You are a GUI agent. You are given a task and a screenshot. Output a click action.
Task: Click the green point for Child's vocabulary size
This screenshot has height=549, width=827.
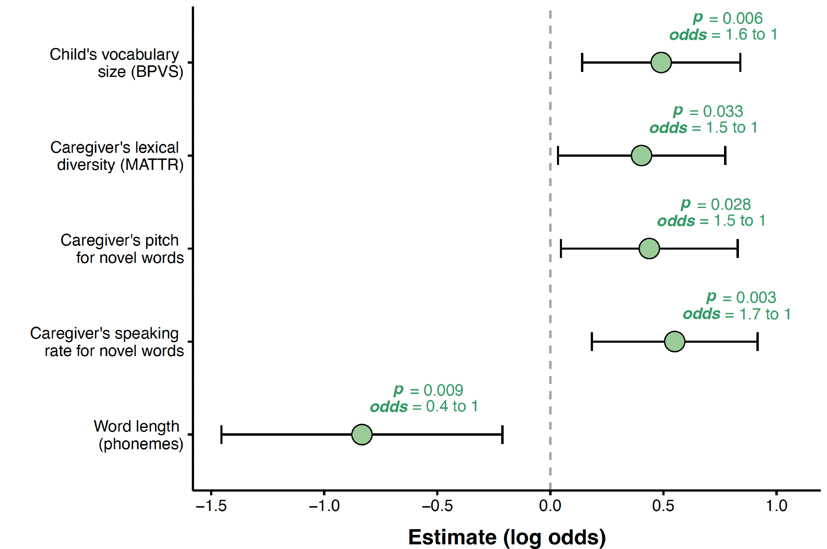(661, 62)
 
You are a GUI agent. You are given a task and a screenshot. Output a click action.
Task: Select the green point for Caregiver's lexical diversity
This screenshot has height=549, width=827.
(641, 155)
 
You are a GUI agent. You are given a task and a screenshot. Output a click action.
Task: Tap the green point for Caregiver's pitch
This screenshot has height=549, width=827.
(649, 248)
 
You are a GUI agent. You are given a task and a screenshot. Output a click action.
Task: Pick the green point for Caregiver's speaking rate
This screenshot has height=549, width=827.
(674, 341)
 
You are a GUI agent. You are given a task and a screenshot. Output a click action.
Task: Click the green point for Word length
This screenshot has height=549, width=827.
(362, 434)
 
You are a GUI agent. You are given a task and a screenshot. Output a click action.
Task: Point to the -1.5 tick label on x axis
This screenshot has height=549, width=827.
(211, 506)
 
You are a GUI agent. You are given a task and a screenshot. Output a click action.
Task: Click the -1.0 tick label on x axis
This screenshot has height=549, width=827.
(324, 506)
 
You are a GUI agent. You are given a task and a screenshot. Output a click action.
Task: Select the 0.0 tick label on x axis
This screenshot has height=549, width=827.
(550, 506)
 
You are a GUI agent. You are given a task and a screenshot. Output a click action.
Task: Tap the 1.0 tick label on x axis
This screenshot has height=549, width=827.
(776, 506)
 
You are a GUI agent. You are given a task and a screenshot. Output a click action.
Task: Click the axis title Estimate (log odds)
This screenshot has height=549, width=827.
(507, 537)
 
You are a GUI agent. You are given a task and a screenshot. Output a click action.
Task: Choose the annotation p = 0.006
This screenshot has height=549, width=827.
(728, 18)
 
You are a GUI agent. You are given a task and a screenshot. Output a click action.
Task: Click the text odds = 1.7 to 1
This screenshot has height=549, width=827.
(736, 314)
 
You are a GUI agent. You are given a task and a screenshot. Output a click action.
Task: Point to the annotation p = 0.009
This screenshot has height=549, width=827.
(428, 390)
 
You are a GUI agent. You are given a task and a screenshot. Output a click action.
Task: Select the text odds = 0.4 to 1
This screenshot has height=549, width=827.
(424, 406)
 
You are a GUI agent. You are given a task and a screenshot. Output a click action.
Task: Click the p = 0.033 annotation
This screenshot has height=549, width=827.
(708, 111)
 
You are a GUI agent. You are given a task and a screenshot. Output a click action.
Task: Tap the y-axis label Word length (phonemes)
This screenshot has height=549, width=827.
(139, 435)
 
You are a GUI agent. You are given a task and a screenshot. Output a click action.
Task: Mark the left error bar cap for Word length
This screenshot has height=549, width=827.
(222, 434)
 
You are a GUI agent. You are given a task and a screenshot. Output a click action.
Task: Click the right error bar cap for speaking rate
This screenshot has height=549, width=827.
(757, 341)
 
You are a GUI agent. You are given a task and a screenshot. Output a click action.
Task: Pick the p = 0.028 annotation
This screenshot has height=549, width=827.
(716, 204)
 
